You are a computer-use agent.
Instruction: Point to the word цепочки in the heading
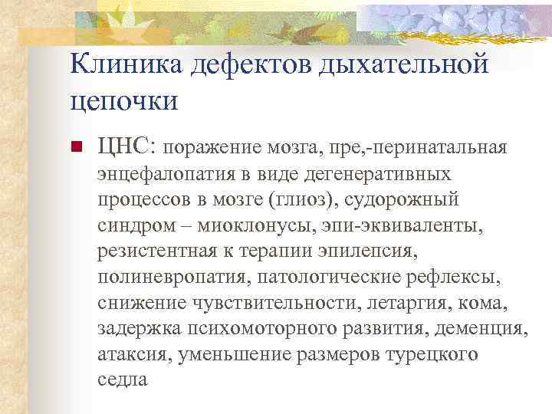tap(123, 100)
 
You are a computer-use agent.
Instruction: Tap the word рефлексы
tap(464, 278)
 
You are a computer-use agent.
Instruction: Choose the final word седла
tap(122, 381)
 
